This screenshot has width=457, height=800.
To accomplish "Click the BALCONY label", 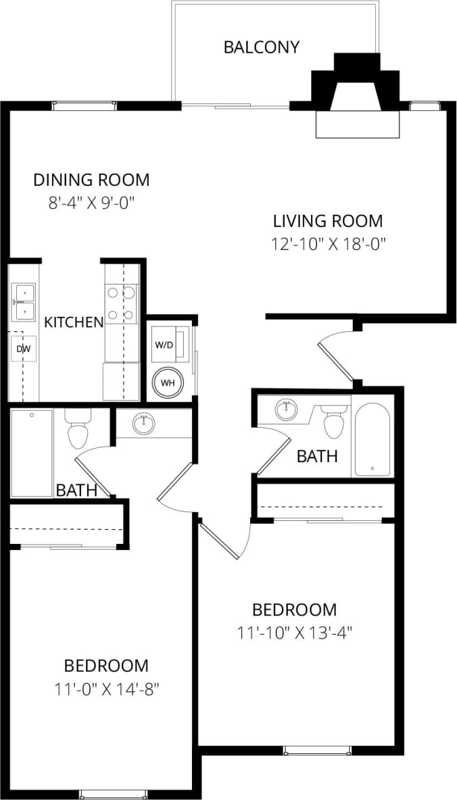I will pyautogui.click(x=261, y=47).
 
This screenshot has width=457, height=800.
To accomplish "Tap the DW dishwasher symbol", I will pyautogui.click(x=24, y=349).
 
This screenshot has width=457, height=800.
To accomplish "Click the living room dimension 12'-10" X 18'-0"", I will pyautogui.click(x=328, y=244).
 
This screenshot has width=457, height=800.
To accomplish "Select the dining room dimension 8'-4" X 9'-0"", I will pyautogui.click(x=91, y=203).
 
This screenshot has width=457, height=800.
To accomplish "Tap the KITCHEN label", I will pyautogui.click(x=74, y=322).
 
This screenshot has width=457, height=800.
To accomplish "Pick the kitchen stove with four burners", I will pyautogui.click(x=122, y=303).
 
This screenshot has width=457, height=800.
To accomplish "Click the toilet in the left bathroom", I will pyautogui.click(x=78, y=430).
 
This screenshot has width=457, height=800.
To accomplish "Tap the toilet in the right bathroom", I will pyautogui.click(x=333, y=422).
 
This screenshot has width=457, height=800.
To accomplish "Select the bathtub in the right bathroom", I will pyautogui.click(x=372, y=440).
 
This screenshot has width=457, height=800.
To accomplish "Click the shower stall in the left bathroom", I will pyautogui.click(x=32, y=452).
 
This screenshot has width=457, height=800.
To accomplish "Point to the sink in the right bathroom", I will pyautogui.click(x=286, y=409).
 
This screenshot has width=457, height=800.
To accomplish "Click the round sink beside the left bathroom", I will pyautogui.click(x=143, y=424).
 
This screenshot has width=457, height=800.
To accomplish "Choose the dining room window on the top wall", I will pyautogui.click(x=84, y=105).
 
